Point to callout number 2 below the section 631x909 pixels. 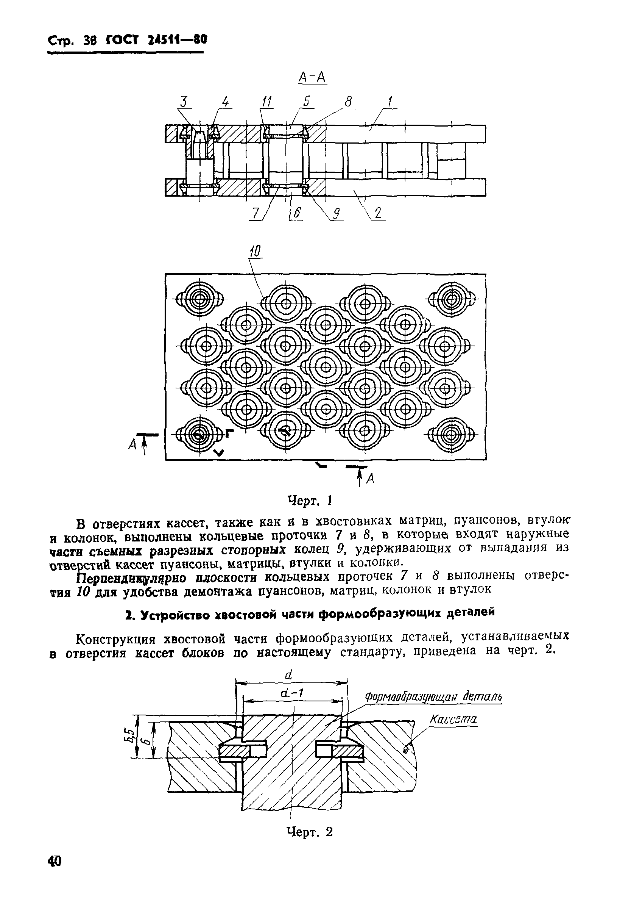pos(378,214)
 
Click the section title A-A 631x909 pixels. pos(312,78)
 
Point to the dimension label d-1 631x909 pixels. pos(291,693)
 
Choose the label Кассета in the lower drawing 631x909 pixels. pos(453,720)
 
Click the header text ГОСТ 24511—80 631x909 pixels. pos(156,41)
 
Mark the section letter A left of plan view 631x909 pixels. pos(133,445)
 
